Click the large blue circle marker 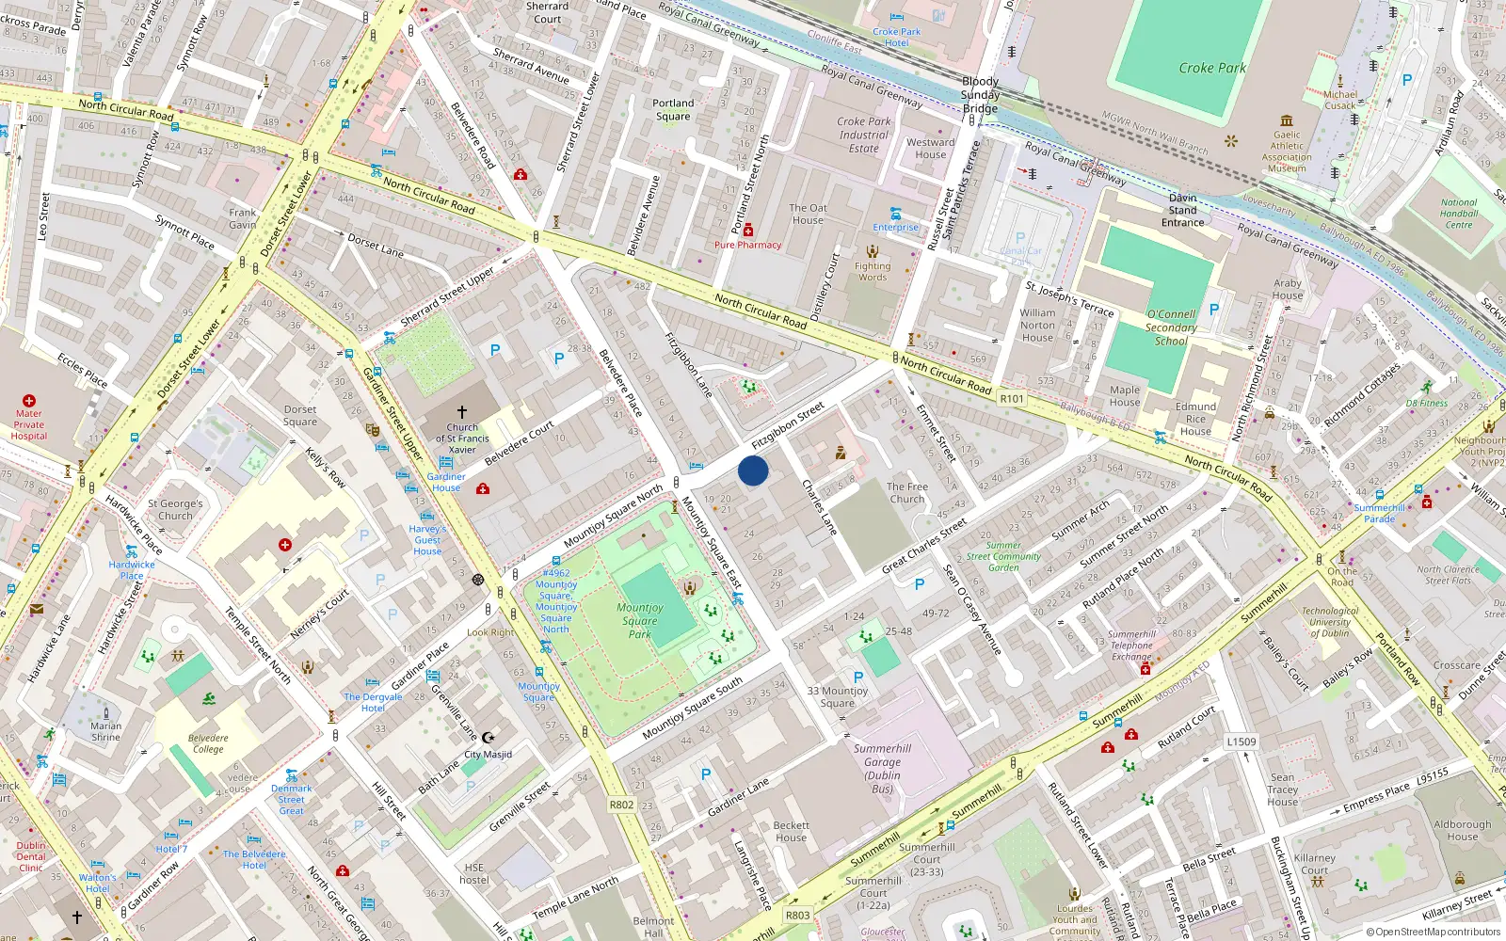pos(753,470)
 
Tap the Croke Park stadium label pos(1212,68)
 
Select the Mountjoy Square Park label pos(640,621)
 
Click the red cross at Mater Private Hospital pos(29,401)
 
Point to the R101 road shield pos(1012,399)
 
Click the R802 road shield pos(621,805)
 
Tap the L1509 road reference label pos(1242,742)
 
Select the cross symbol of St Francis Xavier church pos(462,412)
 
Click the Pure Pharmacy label pos(747,245)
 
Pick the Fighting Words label pos(873,272)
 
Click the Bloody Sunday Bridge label pos(980,95)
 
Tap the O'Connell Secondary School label pos(1171,327)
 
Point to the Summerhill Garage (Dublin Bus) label pos(882,768)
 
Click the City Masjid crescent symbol pos(488,738)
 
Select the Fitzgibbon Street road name pos(788,425)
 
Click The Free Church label pos(907,493)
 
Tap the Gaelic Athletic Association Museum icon pos(1287,120)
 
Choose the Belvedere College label pos(208,743)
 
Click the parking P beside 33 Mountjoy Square pos(857,678)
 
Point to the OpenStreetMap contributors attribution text pos(1434,932)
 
